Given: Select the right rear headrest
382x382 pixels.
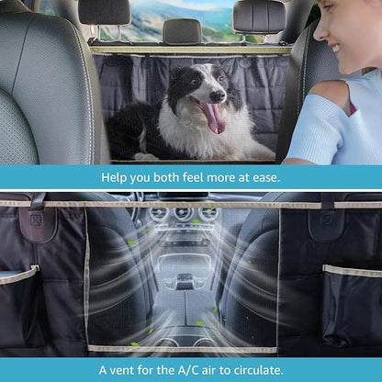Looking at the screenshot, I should coord(258,14).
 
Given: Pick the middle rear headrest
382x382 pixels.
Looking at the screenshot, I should coord(182,30).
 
